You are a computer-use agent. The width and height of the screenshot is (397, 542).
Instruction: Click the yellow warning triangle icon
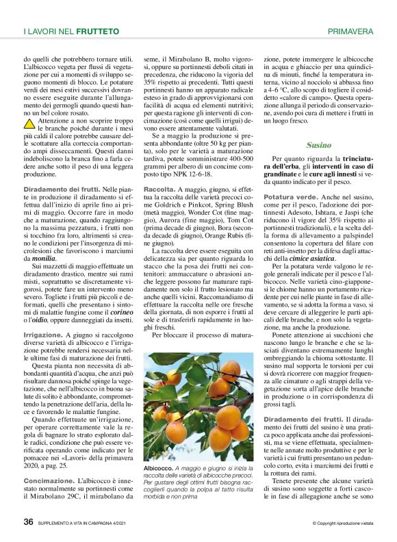pos(31,124)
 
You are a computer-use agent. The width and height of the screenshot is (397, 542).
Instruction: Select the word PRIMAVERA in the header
pos(350,31)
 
